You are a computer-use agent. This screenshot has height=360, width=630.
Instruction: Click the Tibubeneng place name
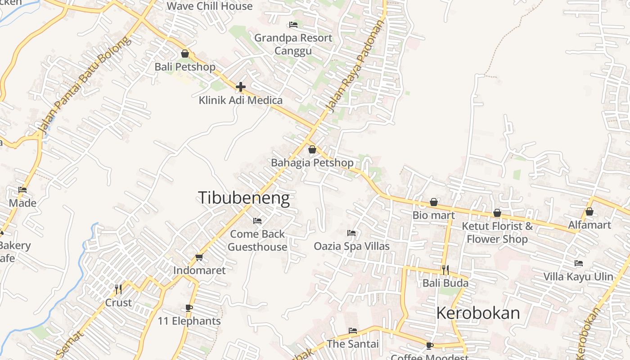point(243,198)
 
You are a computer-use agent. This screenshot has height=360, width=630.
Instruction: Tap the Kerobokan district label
point(478,313)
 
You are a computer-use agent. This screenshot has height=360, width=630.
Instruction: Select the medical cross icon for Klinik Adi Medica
point(241,86)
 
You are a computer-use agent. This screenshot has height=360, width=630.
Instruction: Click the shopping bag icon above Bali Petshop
point(185,54)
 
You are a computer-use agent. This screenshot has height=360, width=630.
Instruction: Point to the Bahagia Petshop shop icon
point(312,149)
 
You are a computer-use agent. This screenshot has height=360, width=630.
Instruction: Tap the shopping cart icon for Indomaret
point(199,257)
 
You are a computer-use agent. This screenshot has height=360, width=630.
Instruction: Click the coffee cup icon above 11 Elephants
point(189,308)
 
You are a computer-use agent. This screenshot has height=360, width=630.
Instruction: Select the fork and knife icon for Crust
point(118,289)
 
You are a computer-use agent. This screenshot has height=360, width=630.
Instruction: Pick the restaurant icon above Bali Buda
point(445,270)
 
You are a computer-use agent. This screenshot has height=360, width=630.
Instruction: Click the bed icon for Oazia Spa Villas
point(351,233)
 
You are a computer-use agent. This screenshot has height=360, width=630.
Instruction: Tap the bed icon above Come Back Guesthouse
point(257,220)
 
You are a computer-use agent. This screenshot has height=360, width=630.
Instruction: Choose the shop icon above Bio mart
point(434,202)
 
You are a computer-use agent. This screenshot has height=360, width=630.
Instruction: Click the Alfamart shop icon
point(589,211)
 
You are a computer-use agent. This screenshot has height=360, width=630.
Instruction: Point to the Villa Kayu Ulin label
point(578,276)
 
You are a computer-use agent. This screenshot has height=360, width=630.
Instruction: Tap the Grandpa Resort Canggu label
point(293,44)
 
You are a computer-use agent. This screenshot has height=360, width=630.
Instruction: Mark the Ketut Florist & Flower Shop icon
point(497,213)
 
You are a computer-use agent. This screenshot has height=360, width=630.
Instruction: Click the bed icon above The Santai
point(353,331)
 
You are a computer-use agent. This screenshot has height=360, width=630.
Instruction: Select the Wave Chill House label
point(209,6)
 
